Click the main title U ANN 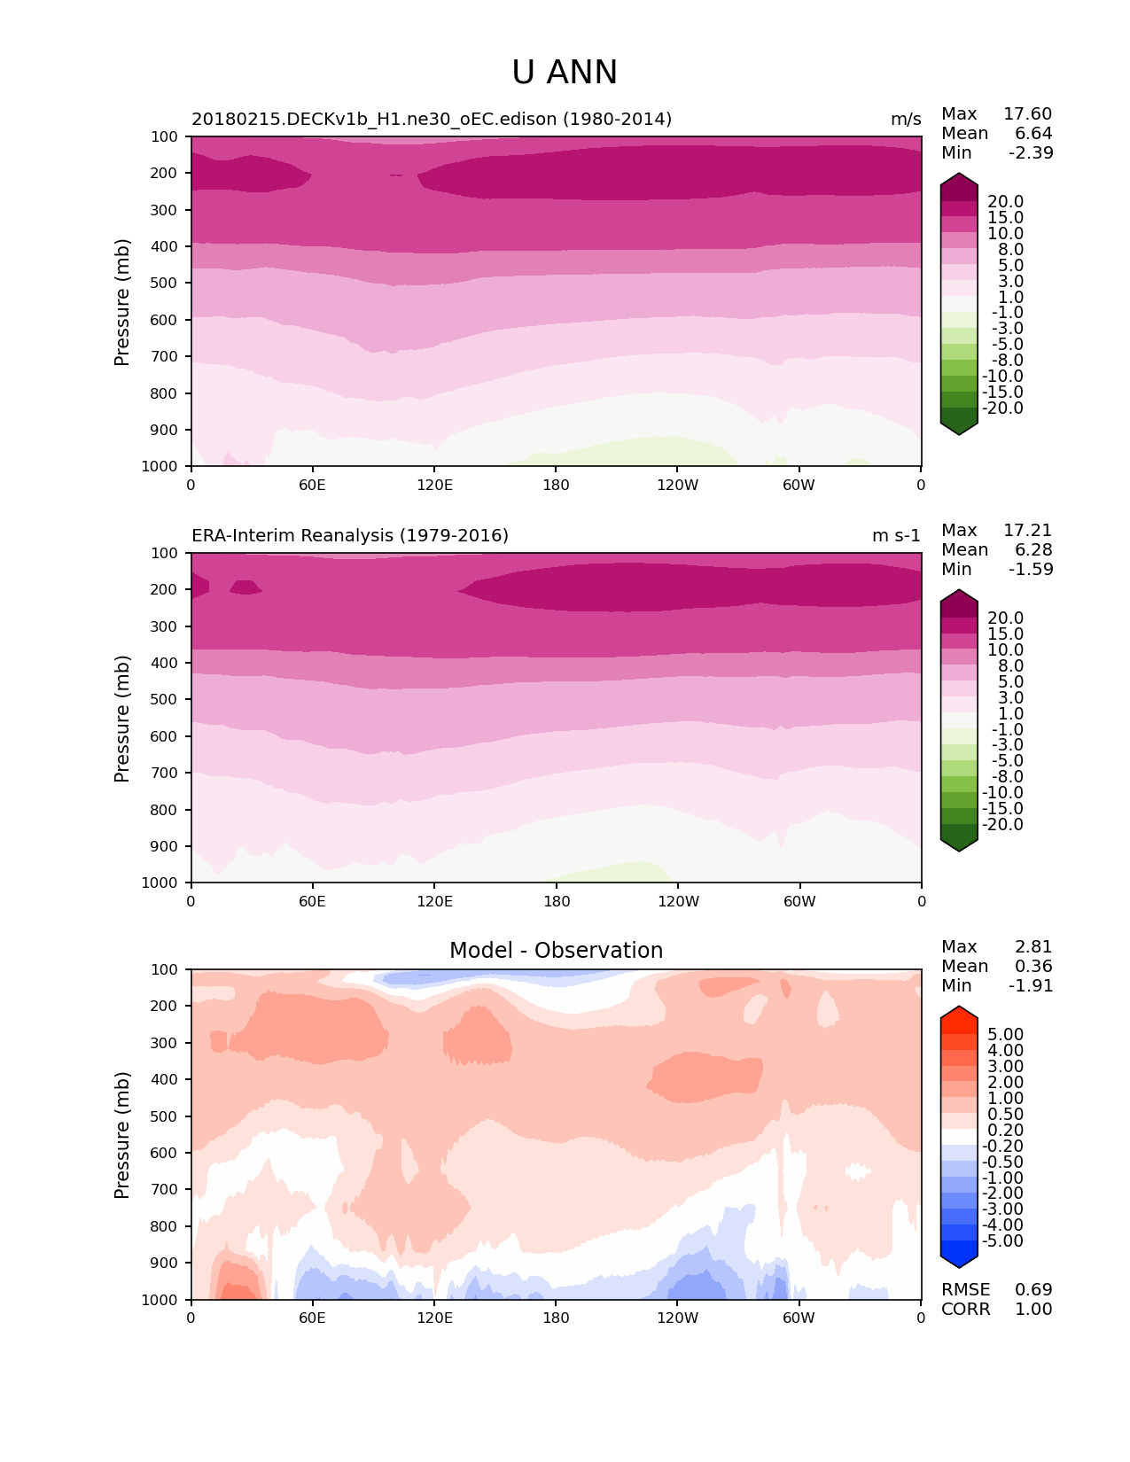pos(565,73)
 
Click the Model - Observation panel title pos(556,951)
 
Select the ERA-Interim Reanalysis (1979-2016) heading pos(350,536)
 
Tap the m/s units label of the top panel pos(906,120)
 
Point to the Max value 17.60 pos(1027,114)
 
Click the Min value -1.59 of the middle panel pos(1031,570)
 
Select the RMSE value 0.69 pos(1033,1290)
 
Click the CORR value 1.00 pos(1033,1310)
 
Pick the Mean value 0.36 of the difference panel pos(1033,967)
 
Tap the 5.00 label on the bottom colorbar pos(1005,1035)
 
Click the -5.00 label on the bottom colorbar pos(1003,1241)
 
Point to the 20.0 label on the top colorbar pos(1005,202)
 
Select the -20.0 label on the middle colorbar pos(1003,825)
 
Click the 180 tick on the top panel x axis pos(556,486)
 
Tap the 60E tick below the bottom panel pos(312,1318)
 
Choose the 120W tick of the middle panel pos(677,902)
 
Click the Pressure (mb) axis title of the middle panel pos(122,719)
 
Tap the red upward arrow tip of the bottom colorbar pos(959,1011)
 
